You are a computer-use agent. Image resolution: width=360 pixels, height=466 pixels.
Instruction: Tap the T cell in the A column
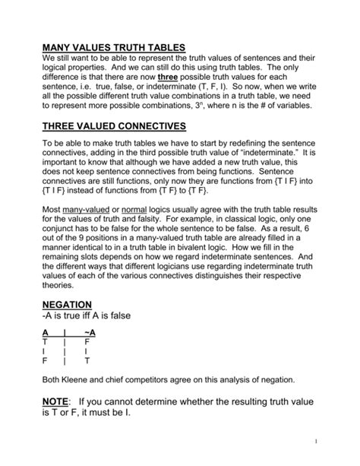click(x=45, y=343)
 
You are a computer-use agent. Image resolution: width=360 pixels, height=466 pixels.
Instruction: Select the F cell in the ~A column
click(x=87, y=343)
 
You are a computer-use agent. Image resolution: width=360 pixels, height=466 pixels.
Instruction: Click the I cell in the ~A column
click(x=87, y=353)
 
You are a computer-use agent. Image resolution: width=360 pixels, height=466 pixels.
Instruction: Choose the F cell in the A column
click(x=45, y=363)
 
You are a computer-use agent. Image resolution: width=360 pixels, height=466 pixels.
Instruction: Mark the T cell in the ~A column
click(x=87, y=363)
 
